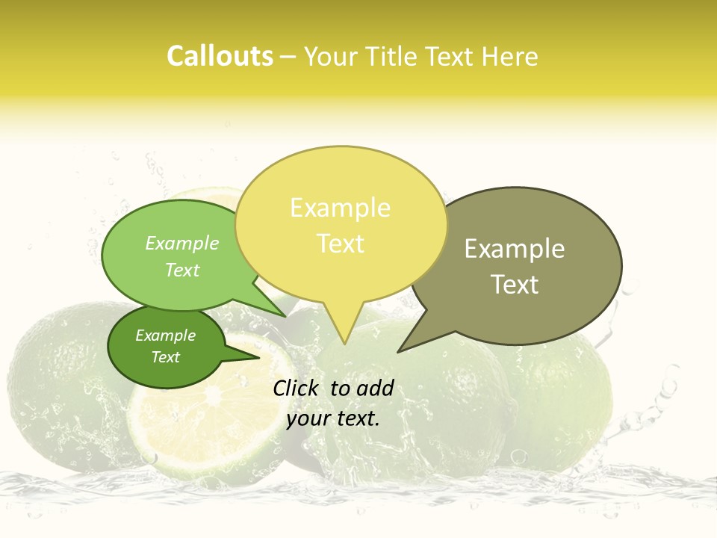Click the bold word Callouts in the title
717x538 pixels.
tap(220, 56)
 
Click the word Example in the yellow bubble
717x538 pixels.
tap(340, 208)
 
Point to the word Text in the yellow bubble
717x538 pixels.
tap(340, 244)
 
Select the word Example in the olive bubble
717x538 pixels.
tap(515, 249)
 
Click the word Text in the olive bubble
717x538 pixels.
tap(515, 285)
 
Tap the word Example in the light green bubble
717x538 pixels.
tap(182, 244)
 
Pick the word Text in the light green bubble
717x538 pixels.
tap(182, 270)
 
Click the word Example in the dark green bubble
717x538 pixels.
tap(165, 336)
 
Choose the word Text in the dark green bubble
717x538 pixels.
tap(165, 357)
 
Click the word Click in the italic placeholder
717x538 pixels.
tap(297, 388)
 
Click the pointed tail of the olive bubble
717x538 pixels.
tap(403, 348)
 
